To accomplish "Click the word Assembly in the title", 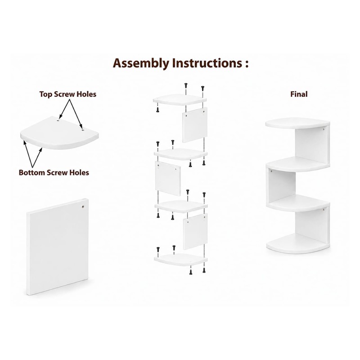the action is point(141,63).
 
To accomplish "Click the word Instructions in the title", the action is point(207,63).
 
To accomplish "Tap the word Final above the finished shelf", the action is point(299,94).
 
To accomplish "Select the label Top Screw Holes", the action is point(68,94).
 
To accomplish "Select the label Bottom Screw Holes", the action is point(54,172).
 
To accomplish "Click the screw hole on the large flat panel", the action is point(83,207).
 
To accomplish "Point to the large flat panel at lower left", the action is point(58,247).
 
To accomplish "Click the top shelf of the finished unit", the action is point(297,123).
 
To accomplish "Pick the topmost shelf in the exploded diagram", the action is point(180,99).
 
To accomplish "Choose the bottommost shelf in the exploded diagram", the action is point(181,260).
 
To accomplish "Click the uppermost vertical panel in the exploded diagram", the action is point(195,125).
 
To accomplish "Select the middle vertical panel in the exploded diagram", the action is point(168,178).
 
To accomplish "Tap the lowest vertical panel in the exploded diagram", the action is point(195,231).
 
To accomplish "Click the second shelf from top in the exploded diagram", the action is point(181,154).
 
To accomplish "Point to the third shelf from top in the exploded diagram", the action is point(181,206).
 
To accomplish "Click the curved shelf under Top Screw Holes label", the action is point(59,133).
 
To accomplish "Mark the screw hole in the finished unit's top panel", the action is point(324,129).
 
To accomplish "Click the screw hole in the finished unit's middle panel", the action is point(272,171).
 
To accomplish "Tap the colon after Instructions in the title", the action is point(246,64).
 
